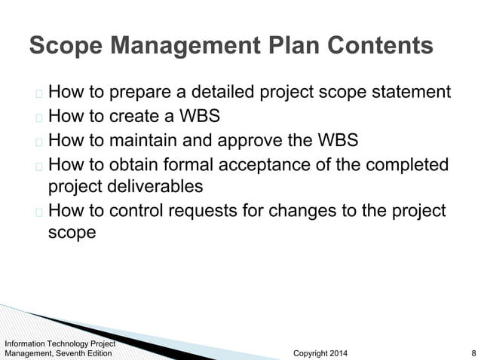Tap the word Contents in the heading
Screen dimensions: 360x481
click(383, 47)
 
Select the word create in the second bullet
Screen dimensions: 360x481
click(139, 117)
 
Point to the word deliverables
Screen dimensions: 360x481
click(160, 185)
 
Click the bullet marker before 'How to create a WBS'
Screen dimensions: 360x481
click(38, 118)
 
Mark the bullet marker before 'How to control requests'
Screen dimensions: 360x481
click(38, 212)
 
